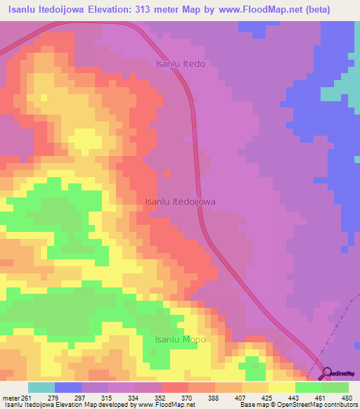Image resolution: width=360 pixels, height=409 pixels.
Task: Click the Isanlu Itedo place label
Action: click(x=179, y=64)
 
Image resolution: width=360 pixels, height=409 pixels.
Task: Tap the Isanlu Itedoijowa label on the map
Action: click(x=180, y=201)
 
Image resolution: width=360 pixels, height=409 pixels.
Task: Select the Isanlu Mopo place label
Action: click(x=180, y=339)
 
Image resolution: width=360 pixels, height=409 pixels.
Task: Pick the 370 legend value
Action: click(x=188, y=398)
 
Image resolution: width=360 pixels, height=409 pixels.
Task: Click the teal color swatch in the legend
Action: click(x=41, y=387)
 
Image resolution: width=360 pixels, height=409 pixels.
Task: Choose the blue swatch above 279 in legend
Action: click(x=68, y=387)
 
